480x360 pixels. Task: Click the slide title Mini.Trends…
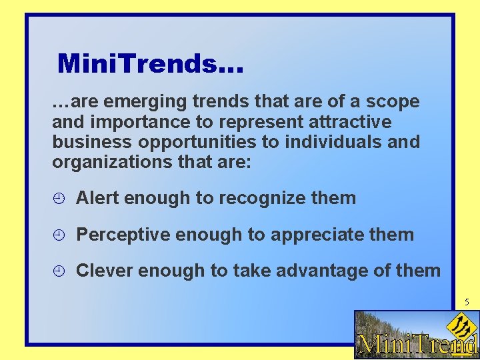[151, 64]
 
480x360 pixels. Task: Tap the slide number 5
[467, 302]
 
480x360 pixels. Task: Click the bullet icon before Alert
[59, 198]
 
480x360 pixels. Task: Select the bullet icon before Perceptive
[59, 235]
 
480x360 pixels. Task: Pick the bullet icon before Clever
[59, 271]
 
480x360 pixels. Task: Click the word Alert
[98, 198]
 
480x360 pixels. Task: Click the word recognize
[263, 198]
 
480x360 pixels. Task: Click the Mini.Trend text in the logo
[417, 345]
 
